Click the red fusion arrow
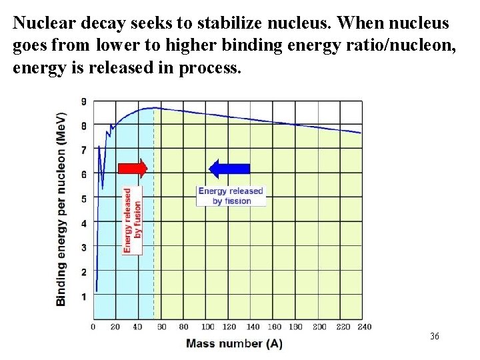click(132, 169)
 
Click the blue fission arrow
click(229, 169)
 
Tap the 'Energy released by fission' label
click(231, 195)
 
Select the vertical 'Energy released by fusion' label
click(133, 219)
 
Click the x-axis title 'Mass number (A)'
click(234, 344)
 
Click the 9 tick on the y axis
click(84, 101)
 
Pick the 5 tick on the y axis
click(84, 199)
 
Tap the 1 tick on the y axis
click(84, 296)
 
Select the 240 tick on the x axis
click(364, 327)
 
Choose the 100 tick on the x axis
click(208, 327)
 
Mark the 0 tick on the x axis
click(93, 327)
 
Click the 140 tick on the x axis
click(253, 327)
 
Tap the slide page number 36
click(435, 336)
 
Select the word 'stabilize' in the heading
click(239, 23)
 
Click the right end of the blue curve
click(361, 133)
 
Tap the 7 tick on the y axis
click(84, 150)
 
